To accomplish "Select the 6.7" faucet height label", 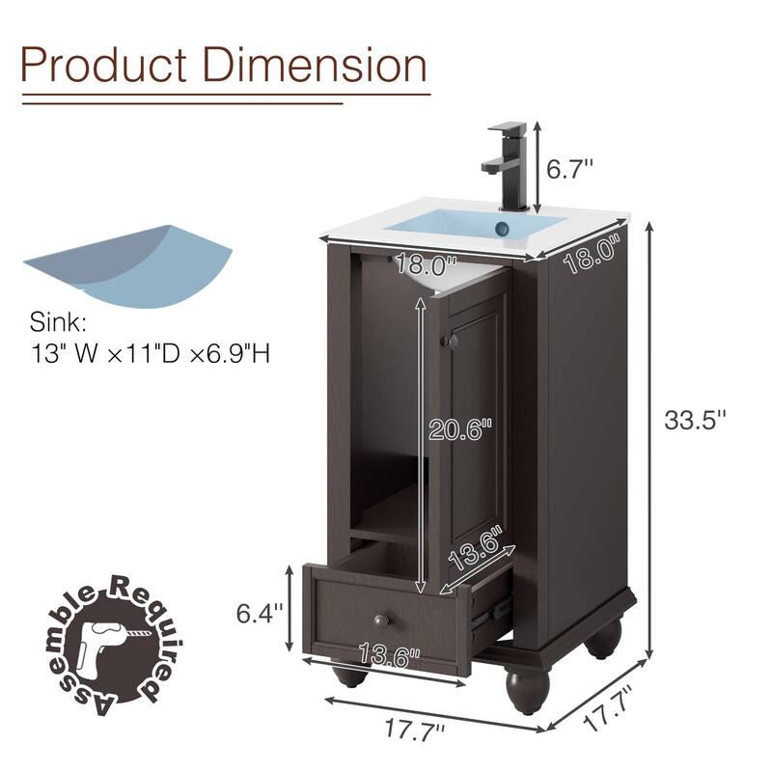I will [x=569, y=170].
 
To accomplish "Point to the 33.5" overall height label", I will [x=694, y=420].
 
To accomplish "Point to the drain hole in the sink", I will [x=502, y=229].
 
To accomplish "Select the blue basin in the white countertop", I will [x=473, y=226].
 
